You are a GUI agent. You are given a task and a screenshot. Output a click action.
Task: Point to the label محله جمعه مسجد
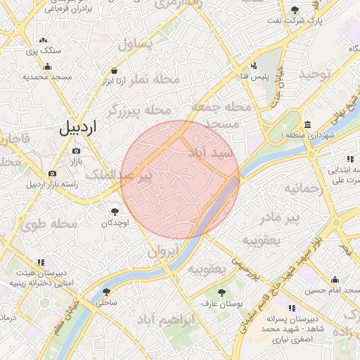[x=216, y=114]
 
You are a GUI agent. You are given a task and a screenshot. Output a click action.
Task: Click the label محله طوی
[x=49, y=225]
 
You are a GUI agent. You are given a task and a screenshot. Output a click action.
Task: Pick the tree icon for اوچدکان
[x=114, y=210]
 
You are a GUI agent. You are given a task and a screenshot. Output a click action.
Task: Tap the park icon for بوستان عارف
[x=222, y=292]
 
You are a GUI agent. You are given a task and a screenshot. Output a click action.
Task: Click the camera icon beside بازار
[x=76, y=150]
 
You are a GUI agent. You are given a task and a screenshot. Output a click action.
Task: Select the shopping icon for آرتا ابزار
[x=114, y=70]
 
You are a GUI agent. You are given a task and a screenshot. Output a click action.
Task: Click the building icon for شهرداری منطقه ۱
[x=309, y=124]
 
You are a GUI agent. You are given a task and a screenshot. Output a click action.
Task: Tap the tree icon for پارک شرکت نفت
[x=294, y=10]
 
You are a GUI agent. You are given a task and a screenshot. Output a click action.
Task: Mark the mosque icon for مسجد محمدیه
[x=47, y=67]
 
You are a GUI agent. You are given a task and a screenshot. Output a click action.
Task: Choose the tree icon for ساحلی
[x=106, y=291]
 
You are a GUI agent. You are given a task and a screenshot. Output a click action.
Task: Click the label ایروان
[x=165, y=251]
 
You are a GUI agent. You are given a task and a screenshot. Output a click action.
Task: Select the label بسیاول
[x=134, y=44]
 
